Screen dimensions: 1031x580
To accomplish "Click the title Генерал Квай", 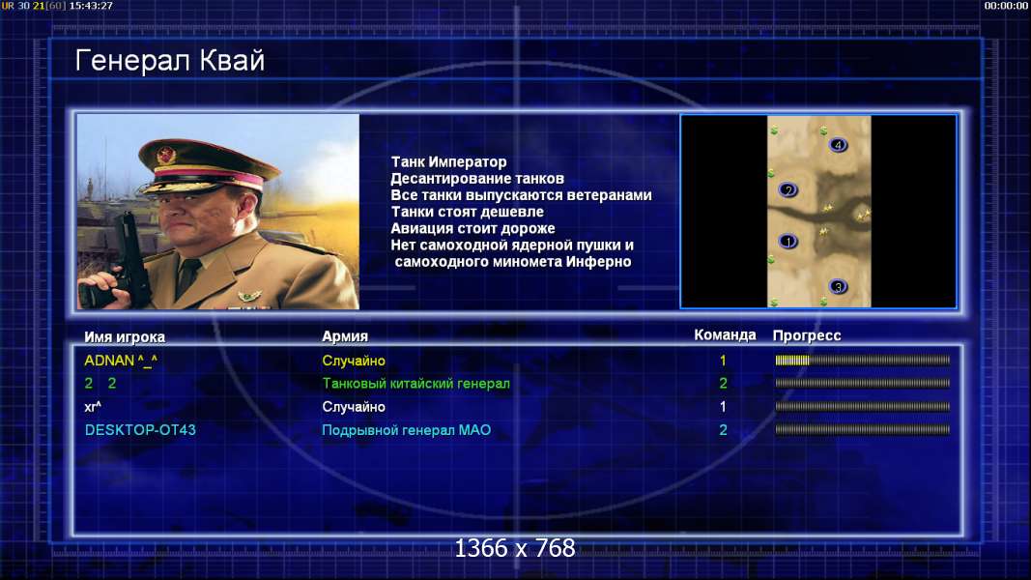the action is pyautogui.click(x=170, y=61).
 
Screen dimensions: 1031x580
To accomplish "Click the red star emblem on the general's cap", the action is pyautogui.click(x=166, y=155).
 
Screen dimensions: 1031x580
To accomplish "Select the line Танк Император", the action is pyautogui.click(x=448, y=161).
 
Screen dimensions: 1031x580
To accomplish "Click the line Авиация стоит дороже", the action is pyautogui.click(x=473, y=228).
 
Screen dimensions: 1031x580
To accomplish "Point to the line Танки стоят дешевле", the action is pyautogui.click(x=468, y=212).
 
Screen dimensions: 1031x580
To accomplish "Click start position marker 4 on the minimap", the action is pyautogui.click(x=838, y=145).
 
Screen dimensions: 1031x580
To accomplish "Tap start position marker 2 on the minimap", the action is pyautogui.click(x=788, y=190).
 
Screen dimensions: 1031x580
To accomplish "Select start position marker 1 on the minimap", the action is pyautogui.click(x=788, y=242).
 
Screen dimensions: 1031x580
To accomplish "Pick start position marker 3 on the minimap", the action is pyautogui.click(x=838, y=287).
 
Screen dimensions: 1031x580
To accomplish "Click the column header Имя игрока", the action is pyautogui.click(x=125, y=336).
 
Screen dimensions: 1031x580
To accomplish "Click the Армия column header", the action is pyautogui.click(x=345, y=336).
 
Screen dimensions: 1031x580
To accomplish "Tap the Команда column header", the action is pyautogui.click(x=725, y=334).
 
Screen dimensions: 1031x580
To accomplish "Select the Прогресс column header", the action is pyautogui.click(x=807, y=335).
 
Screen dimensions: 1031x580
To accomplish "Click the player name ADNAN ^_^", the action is pyautogui.click(x=121, y=361).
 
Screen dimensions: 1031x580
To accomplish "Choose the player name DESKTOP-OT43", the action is pyautogui.click(x=140, y=430).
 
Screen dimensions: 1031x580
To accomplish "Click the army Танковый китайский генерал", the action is pyautogui.click(x=415, y=384).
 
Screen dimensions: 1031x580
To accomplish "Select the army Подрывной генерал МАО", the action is pyautogui.click(x=407, y=430).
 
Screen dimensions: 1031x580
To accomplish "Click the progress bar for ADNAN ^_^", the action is pyautogui.click(x=862, y=361).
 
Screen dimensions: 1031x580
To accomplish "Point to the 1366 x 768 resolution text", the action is pyautogui.click(x=515, y=548).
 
